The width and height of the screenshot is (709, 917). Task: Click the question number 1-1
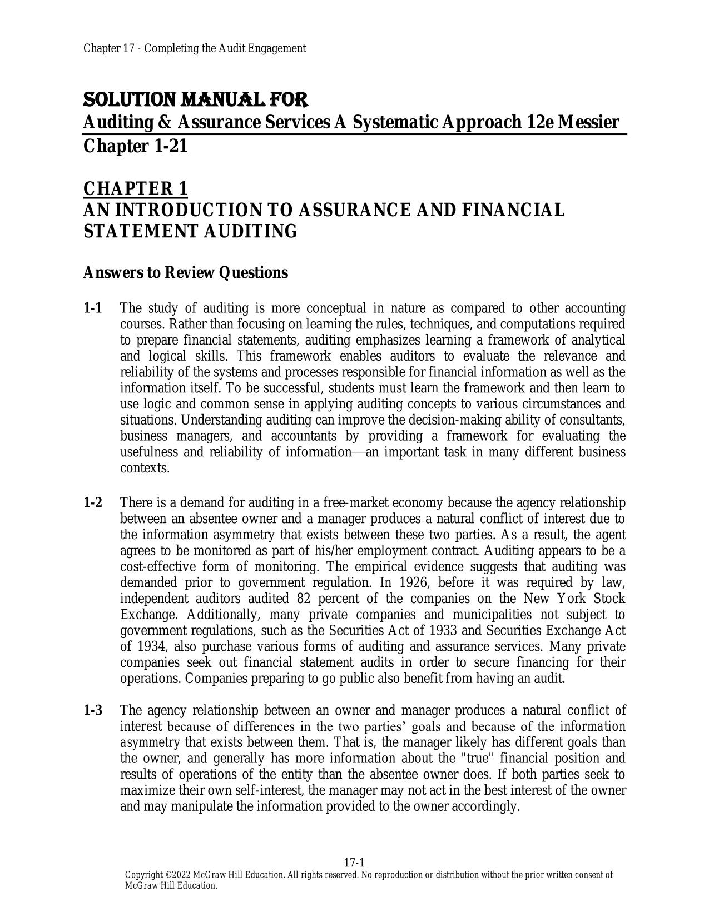pos(93,308)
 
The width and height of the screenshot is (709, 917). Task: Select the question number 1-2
pos(93,503)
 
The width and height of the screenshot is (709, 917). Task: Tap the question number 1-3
pos(93,710)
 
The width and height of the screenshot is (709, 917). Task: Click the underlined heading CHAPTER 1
pos(135,189)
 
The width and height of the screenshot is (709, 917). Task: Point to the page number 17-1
pos(354,863)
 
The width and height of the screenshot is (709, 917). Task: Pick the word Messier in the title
pos(588,122)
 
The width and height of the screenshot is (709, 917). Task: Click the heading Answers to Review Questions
pos(185,273)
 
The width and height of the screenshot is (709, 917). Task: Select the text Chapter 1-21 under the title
pos(135,147)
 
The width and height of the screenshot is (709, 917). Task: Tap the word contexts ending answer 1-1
pos(144,468)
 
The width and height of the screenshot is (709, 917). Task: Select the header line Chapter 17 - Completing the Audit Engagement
pos(195,48)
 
